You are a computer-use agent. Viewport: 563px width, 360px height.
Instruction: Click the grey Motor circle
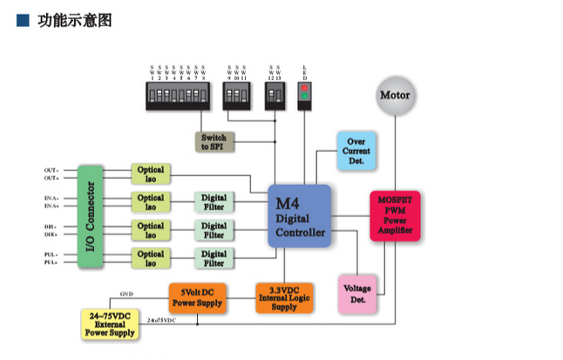coord(397,96)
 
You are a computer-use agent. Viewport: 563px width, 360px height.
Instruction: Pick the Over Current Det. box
coord(356,150)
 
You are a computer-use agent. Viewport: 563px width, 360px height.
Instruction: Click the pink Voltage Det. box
coord(356,294)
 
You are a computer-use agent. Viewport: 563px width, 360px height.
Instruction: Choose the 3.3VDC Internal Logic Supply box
coord(283,297)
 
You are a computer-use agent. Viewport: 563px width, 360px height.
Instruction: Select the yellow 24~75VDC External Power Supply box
coord(112,323)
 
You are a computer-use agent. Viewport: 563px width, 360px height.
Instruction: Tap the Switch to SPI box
coord(214,143)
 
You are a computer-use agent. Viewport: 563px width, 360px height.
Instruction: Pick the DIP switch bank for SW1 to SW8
coord(178,96)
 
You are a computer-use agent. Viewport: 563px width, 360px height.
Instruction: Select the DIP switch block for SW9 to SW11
coord(235,96)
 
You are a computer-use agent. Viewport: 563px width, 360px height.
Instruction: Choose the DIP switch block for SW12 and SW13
coord(275,96)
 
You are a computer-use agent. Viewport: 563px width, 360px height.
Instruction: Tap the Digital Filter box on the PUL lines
coord(214,258)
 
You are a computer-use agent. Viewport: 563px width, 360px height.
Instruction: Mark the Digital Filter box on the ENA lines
coord(214,202)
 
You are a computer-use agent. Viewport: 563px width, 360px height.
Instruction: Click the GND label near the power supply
coord(126,295)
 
